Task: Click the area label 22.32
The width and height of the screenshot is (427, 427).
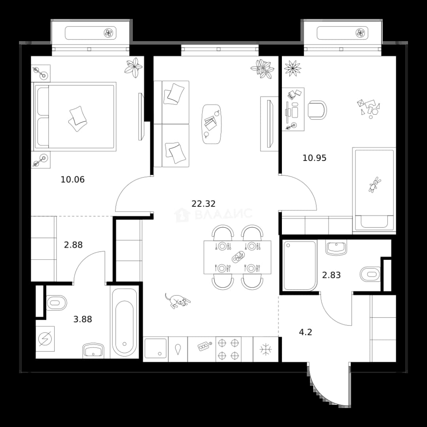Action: coord(204,204)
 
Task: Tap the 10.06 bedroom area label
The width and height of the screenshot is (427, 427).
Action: coord(72,179)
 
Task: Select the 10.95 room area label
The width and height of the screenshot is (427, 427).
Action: coord(315,158)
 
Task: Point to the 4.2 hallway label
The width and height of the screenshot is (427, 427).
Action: coord(306,332)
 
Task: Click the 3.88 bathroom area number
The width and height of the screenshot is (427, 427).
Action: coord(83,319)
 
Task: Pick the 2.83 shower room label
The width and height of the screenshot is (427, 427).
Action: coord(331,275)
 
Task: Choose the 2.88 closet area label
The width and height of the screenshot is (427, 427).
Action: coord(73,245)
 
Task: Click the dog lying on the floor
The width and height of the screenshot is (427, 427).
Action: coord(177,300)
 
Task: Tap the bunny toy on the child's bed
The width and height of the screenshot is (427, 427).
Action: coord(374,184)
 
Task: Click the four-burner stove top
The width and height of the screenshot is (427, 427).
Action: coord(229,350)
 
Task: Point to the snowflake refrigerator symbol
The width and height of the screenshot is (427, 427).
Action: coord(266,350)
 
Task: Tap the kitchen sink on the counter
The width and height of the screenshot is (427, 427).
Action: coord(155,348)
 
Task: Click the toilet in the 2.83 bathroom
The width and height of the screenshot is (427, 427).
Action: coord(370,274)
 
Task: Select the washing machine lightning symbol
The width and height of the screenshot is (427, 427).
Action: coord(45,339)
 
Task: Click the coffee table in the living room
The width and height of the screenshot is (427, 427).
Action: coord(212,124)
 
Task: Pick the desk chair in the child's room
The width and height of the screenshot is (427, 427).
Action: coord(317,110)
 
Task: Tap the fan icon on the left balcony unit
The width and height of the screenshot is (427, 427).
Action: coord(108,33)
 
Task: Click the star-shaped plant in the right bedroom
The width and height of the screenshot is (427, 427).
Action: coord(293,68)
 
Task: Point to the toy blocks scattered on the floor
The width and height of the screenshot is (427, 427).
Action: coord(368,108)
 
